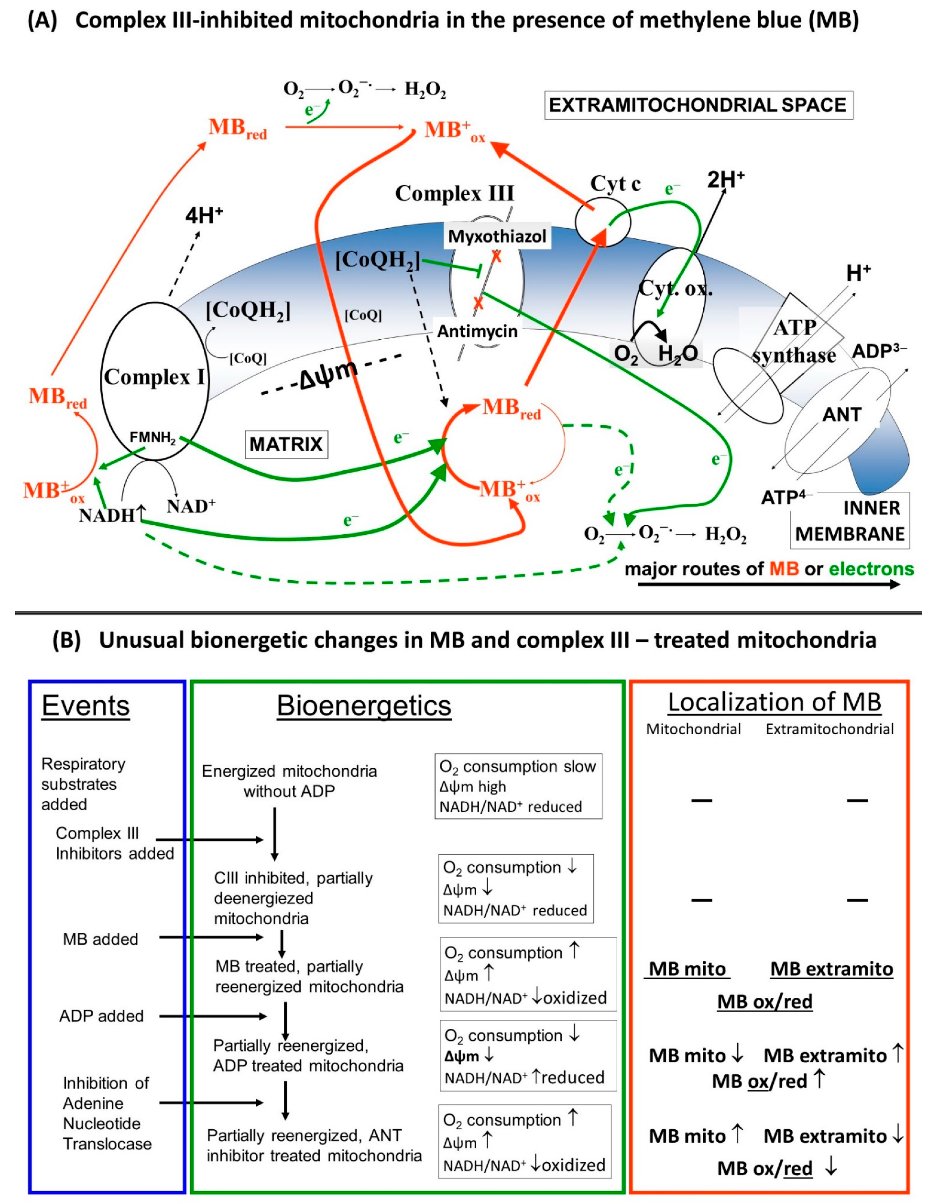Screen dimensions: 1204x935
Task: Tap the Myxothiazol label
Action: (x=497, y=237)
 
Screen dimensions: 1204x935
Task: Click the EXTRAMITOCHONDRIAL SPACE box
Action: (x=698, y=105)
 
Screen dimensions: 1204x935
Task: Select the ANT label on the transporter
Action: (x=841, y=414)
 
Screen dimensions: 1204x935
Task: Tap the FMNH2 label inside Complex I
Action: (x=152, y=438)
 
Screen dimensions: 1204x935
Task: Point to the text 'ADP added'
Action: (x=101, y=1016)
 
